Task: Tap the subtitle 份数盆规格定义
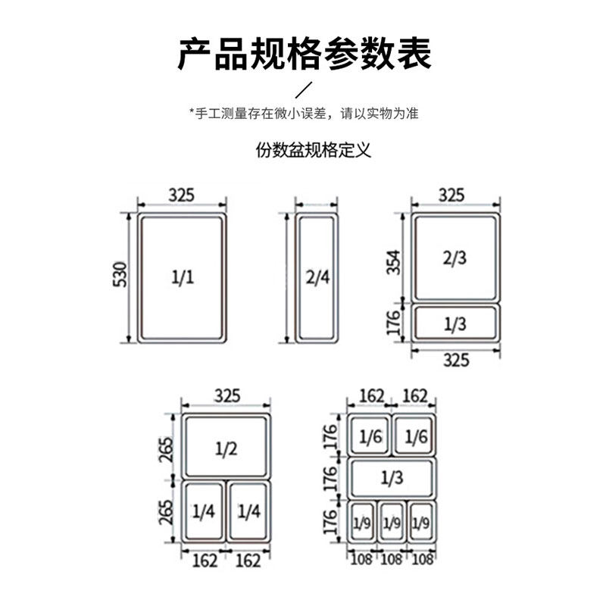pos(312,150)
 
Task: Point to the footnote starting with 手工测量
pos(303,114)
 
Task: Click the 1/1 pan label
pos(183,276)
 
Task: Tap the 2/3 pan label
pos(454,258)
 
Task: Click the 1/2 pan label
pos(226,448)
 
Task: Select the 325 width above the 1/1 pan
pos(182,195)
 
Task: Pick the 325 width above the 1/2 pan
pos(226,395)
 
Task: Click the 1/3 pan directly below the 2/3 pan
pos(454,323)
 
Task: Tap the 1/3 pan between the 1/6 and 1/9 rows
pos(392,477)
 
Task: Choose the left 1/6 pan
pos(370,437)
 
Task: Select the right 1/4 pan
pos(248,511)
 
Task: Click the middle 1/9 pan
pos(392,522)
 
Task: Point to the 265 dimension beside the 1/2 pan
pos(167,448)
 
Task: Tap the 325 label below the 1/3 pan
pos(455,361)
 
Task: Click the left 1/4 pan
pos(204,511)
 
